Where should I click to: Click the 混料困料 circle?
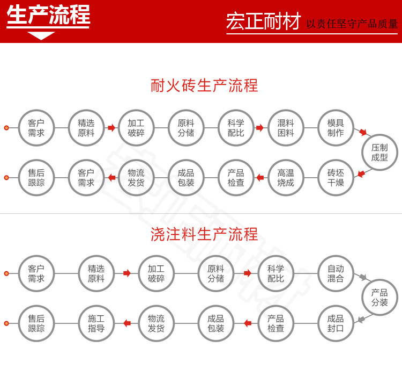click(x=286, y=128)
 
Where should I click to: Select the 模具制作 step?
click(x=336, y=128)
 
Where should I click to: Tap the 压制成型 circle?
click(x=379, y=153)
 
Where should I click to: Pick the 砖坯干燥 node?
click(x=336, y=178)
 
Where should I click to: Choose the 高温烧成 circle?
click(x=286, y=178)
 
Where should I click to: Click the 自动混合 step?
click(x=336, y=273)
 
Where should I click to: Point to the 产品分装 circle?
click(x=379, y=298)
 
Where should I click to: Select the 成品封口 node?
click(x=336, y=323)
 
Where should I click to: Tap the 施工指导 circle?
click(x=96, y=323)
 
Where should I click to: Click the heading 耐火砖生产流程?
click(x=204, y=85)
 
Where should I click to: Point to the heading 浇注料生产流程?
click(x=204, y=234)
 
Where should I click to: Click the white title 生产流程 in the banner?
click(x=48, y=15)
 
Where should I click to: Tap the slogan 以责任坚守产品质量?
click(x=352, y=24)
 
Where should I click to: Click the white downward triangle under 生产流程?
click(x=41, y=36)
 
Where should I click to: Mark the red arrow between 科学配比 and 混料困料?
click(x=260, y=128)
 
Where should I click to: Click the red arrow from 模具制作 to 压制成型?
click(x=363, y=132)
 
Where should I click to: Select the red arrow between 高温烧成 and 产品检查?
click(x=260, y=178)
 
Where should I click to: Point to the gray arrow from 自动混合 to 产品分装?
click(x=363, y=278)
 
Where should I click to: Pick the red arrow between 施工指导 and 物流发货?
click(x=127, y=323)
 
